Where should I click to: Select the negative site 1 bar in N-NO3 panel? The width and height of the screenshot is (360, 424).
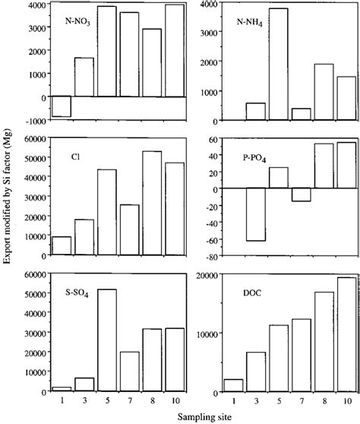click(x=62, y=106)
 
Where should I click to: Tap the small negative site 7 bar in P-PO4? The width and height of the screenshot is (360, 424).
click(x=302, y=195)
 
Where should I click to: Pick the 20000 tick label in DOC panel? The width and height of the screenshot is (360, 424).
click(x=187, y=275)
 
